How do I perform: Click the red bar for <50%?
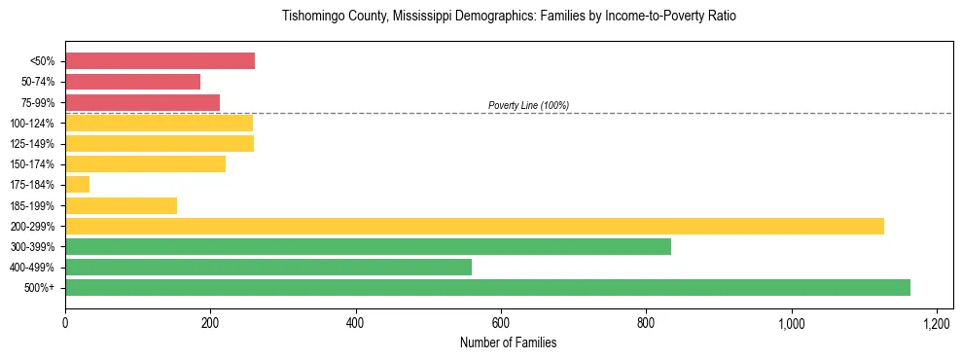(x=160, y=61)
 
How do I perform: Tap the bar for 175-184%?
(x=77, y=185)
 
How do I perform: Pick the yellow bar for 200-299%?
(x=475, y=227)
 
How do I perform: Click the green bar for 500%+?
(x=487, y=288)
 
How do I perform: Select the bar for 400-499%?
(x=268, y=268)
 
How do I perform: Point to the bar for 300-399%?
(x=368, y=247)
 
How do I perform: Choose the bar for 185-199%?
(x=121, y=205)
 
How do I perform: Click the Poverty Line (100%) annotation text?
(x=528, y=105)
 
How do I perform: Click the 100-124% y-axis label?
(x=34, y=124)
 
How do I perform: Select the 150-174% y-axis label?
(x=34, y=164)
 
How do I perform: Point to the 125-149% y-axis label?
(x=34, y=144)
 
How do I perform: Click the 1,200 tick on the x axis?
(x=936, y=323)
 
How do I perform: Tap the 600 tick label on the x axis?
(x=501, y=323)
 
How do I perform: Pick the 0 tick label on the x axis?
(x=65, y=323)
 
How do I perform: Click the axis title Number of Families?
(x=509, y=342)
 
